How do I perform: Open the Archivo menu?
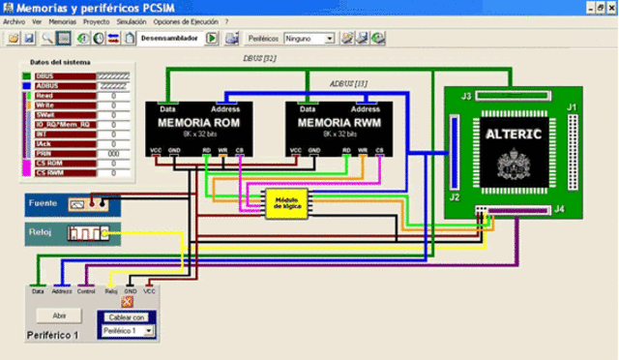tap(15, 20)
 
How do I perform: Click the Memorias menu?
tap(62, 20)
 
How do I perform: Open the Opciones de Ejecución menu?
tap(186, 20)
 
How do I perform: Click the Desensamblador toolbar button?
tap(169, 39)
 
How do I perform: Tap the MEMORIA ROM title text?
tap(199, 124)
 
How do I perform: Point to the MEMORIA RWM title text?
tap(339, 124)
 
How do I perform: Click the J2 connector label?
tap(455, 197)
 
